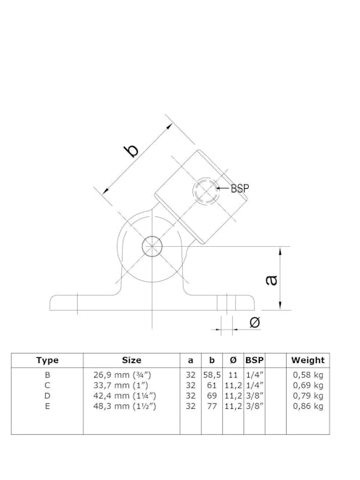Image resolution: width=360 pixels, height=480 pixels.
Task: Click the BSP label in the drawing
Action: pyautogui.click(x=240, y=188)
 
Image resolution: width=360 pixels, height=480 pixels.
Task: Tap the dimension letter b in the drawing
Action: pyautogui.click(x=131, y=150)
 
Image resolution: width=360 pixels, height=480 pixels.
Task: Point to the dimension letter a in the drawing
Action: pyautogui.click(x=271, y=279)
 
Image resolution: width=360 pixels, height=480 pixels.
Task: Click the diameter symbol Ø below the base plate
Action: pyautogui.click(x=254, y=322)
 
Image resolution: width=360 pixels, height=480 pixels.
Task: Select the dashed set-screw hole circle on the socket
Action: pyautogui.click(x=205, y=192)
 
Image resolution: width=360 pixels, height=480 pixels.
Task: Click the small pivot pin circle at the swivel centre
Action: pyautogui.click(x=152, y=245)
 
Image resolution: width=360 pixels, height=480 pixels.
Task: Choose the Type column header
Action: pyautogui.click(x=47, y=360)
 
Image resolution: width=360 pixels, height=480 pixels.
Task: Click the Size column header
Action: pyautogui.click(x=131, y=360)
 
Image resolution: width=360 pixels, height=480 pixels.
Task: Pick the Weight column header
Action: pyautogui.click(x=308, y=360)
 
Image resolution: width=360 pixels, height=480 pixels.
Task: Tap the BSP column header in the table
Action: pyautogui.click(x=254, y=360)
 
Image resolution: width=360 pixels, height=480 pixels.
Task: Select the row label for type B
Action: pyautogui.click(x=47, y=374)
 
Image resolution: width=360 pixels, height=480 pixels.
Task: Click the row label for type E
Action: pyautogui.click(x=47, y=407)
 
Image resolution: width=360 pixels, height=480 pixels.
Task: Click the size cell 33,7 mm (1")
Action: pyautogui.click(x=121, y=385)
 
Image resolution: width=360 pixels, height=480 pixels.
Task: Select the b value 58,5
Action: pyautogui.click(x=211, y=374)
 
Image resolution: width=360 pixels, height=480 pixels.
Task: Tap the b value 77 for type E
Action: pyautogui.click(x=211, y=407)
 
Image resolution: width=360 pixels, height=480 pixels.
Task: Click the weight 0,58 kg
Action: pyautogui.click(x=308, y=374)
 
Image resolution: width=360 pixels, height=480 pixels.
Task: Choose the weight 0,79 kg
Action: pyautogui.click(x=308, y=396)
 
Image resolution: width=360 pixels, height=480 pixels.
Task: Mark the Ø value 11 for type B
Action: pyautogui.click(x=232, y=374)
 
